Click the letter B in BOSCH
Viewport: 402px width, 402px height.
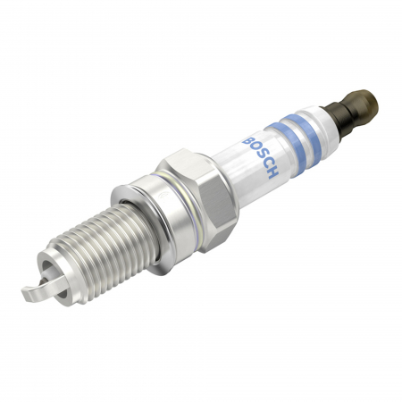(x=247, y=139)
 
